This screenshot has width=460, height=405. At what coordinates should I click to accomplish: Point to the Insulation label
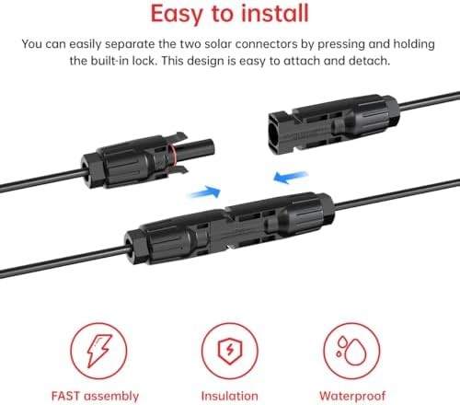pos(230,395)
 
